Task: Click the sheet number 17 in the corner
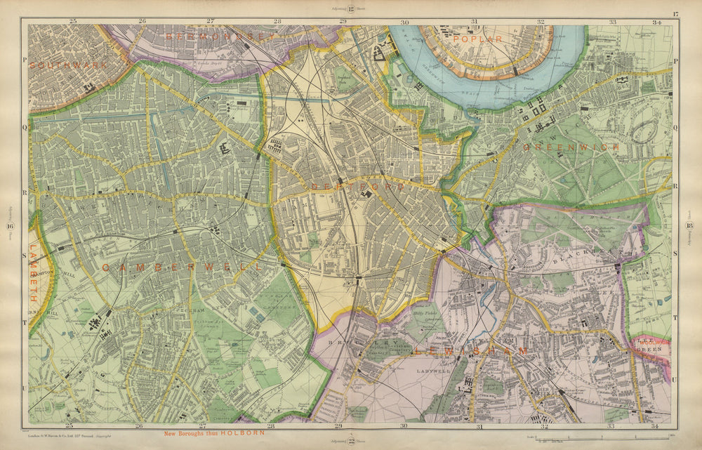coord(675,14)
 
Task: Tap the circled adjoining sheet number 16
coord(11,225)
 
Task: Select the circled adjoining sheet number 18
coord(691,225)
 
